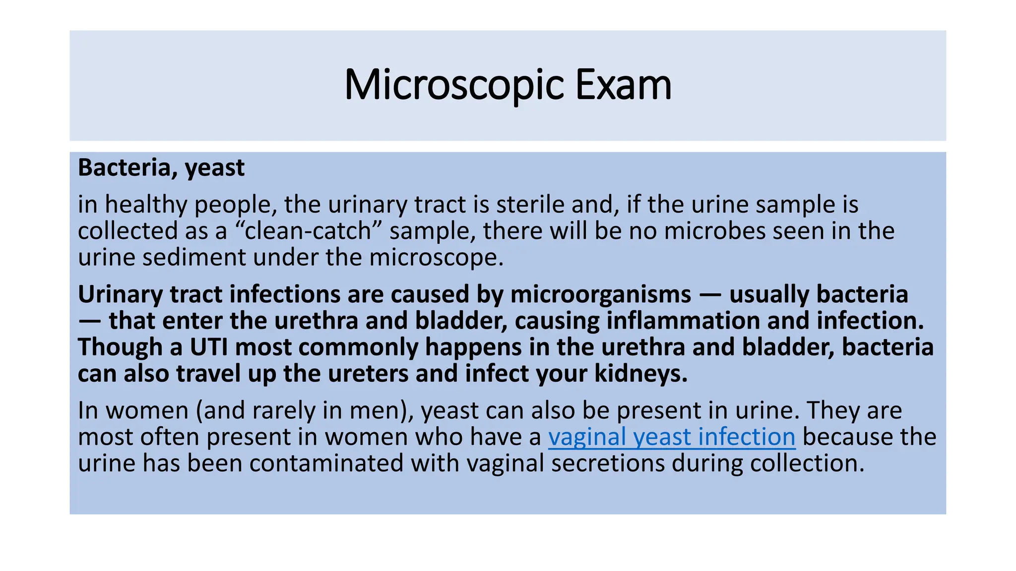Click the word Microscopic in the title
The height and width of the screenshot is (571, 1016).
(x=453, y=85)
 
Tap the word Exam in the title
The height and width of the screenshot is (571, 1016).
(x=623, y=85)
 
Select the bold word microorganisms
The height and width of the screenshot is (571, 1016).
(x=600, y=294)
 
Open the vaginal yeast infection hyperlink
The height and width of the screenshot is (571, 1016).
(x=671, y=437)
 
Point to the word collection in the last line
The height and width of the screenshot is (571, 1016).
(x=807, y=463)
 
